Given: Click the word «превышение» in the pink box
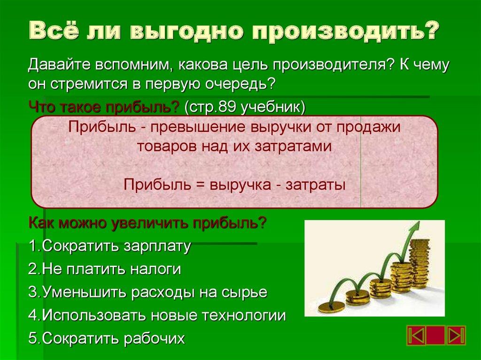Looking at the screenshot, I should click(202, 127).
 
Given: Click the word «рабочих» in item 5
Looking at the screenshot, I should click(155, 338).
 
